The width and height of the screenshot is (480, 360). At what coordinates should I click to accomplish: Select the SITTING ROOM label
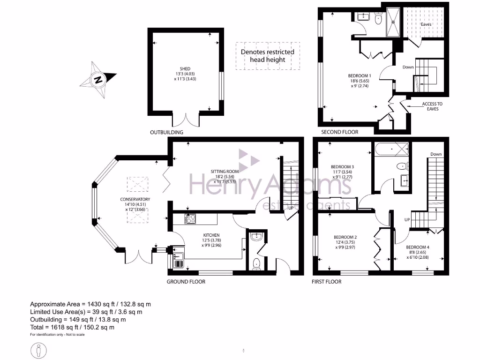[x=224, y=172]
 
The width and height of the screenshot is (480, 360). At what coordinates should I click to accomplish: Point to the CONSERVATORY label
[x=134, y=199]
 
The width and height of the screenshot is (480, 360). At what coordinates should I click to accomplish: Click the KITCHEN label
[x=211, y=235]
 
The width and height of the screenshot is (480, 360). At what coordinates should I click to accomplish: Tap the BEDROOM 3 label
[x=342, y=167]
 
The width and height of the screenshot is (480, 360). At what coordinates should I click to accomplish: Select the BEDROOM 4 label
[x=417, y=247]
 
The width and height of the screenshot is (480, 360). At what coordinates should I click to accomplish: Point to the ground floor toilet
[x=256, y=265]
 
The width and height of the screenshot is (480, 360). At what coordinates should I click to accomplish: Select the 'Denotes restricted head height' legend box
[x=268, y=56]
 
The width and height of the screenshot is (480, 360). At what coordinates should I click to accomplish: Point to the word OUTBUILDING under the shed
[x=166, y=132]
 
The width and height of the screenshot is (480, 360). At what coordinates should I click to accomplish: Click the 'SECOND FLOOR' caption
[x=339, y=132]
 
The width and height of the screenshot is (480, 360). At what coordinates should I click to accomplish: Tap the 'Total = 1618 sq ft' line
[x=72, y=327]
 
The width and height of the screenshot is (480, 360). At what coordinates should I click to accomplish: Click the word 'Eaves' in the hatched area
[x=426, y=24]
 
